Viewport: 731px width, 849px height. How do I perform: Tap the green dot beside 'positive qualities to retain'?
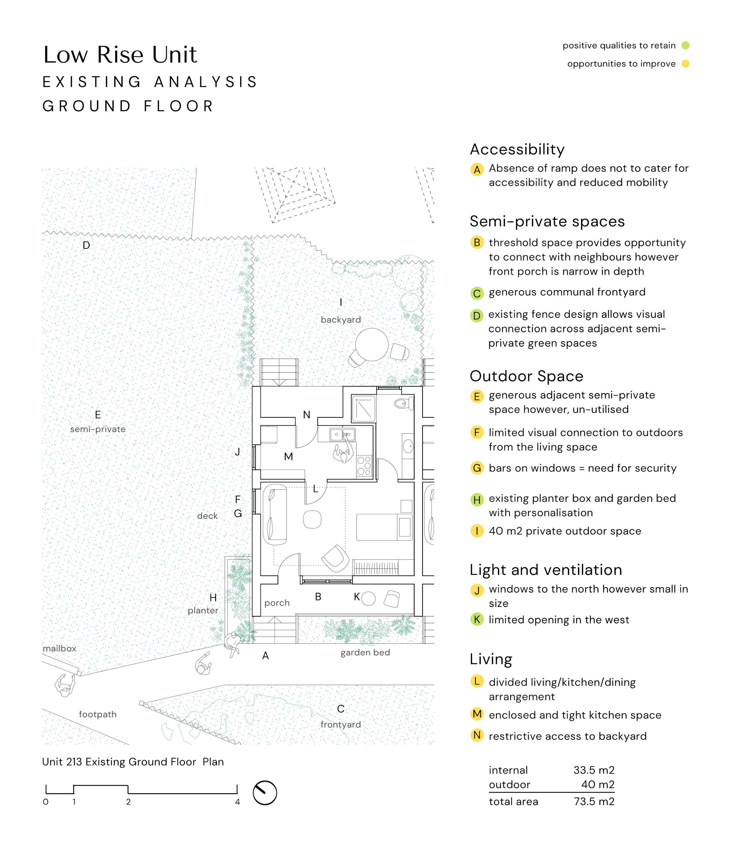click(685, 45)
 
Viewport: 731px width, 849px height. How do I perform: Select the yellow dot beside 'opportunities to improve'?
click(685, 64)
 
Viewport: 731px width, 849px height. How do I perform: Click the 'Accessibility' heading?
click(517, 150)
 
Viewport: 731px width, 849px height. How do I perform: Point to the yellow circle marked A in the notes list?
click(477, 169)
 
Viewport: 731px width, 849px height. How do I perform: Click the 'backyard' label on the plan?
click(341, 320)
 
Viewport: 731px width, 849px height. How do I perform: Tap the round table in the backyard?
click(371, 344)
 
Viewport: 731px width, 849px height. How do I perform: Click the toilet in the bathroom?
click(402, 404)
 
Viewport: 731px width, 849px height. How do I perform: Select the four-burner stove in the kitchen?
click(364, 466)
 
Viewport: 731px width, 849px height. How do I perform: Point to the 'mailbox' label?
click(60, 648)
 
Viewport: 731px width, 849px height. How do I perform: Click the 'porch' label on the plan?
click(277, 603)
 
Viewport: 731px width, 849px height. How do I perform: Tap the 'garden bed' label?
click(365, 652)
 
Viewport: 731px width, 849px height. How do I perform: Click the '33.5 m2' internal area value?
click(594, 770)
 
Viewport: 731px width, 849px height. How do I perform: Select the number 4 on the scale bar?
click(237, 802)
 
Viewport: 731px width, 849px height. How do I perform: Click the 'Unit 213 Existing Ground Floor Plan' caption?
click(133, 762)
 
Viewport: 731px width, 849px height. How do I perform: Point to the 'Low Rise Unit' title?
click(120, 55)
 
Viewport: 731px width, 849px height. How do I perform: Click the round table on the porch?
click(368, 599)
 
